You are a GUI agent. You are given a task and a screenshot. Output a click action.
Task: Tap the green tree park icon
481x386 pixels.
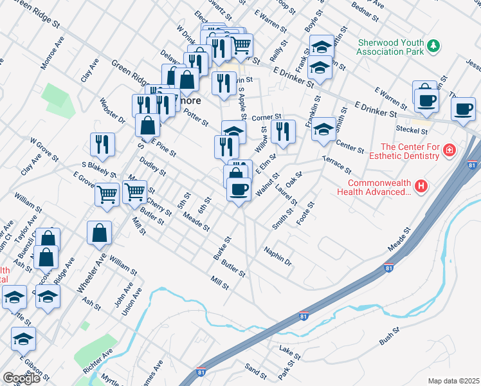pyautogui.click(x=435, y=45)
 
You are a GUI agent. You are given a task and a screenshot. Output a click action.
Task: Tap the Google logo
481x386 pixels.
pyautogui.click(x=21, y=378)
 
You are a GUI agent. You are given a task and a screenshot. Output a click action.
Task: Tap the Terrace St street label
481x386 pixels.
pyautogui.click(x=336, y=164)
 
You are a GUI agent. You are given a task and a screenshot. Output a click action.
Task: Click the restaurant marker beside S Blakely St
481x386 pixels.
pyautogui.click(x=102, y=145)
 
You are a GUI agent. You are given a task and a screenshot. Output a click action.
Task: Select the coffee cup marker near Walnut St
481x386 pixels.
pyautogui.click(x=239, y=189)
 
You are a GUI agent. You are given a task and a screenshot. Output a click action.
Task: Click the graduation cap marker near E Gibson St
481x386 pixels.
pyautogui.click(x=24, y=338)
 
